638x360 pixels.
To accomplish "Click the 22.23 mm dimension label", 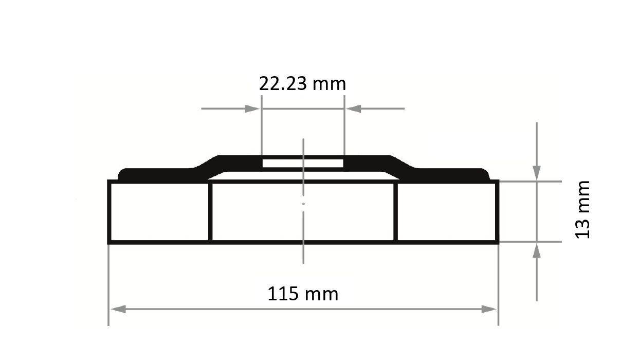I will click(302, 83).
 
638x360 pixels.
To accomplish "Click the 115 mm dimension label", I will click(303, 294).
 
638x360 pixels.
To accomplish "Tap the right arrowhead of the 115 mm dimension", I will click(489, 309).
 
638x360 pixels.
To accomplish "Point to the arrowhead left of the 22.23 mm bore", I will click(252, 109).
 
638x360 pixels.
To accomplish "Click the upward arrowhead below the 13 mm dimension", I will click(537, 250).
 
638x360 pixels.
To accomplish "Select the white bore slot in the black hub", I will click(303, 163).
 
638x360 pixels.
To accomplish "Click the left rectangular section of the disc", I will click(159, 211).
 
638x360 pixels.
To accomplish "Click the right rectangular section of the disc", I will click(447, 211).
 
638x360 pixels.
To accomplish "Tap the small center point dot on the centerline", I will click(303, 204).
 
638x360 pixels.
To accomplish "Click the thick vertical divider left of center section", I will click(210, 211).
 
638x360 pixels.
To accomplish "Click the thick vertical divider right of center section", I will click(396, 211).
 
